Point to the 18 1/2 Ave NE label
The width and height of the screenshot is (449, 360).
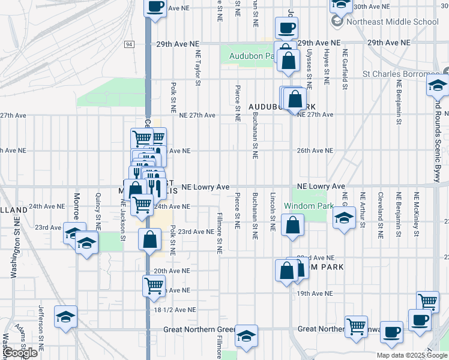[175, 310]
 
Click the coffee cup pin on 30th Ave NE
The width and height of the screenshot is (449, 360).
[155, 7]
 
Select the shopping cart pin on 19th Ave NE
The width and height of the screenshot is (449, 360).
[154, 286]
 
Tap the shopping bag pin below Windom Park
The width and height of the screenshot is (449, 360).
[292, 226]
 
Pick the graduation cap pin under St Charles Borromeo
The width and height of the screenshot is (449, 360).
[438, 86]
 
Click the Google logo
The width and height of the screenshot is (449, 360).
[20, 353]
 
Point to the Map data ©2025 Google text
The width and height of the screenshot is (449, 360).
[411, 355]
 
